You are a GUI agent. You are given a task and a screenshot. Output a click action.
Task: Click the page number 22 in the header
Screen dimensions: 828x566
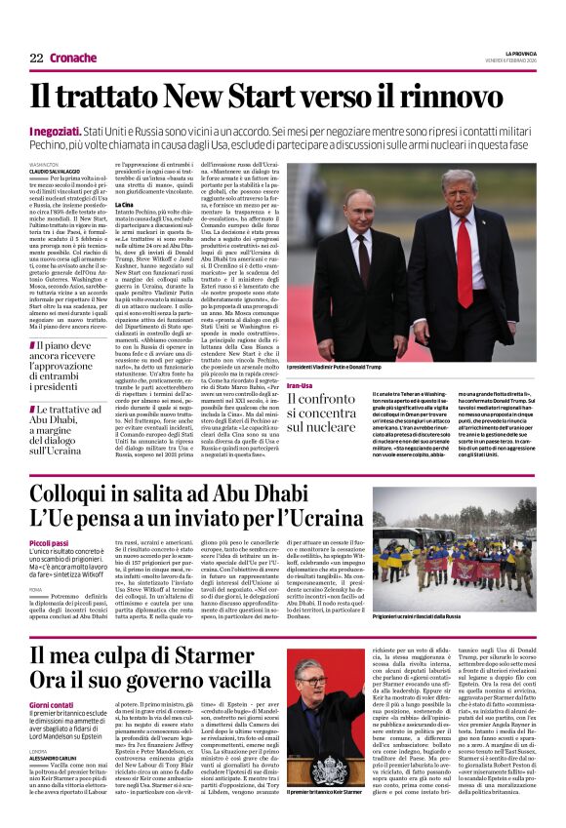pos(35,58)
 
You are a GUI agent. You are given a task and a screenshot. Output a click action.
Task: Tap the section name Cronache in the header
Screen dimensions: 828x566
pos(73,58)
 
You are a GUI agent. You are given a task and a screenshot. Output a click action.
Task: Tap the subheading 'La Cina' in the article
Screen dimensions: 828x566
pos(125,204)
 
